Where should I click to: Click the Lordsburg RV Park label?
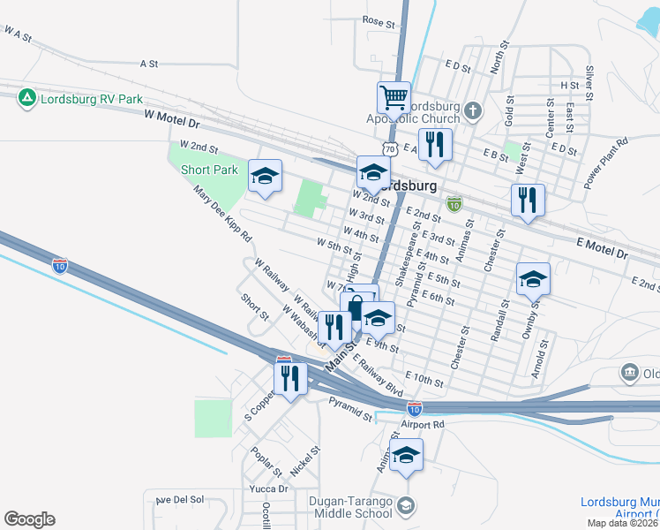tap(92, 98)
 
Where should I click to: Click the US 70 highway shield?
tap(388, 151)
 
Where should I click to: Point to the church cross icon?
tap(473, 110)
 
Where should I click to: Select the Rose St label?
tap(378, 19)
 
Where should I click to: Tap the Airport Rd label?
tap(421, 425)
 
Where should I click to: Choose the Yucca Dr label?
tap(270, 488)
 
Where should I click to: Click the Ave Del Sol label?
tap(179, 500)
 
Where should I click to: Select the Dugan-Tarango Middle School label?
tap(351, 506)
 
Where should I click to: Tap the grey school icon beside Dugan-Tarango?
tap(405, 505)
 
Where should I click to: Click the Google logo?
tap(29, 519)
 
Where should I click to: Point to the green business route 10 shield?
tap(454, 204)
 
